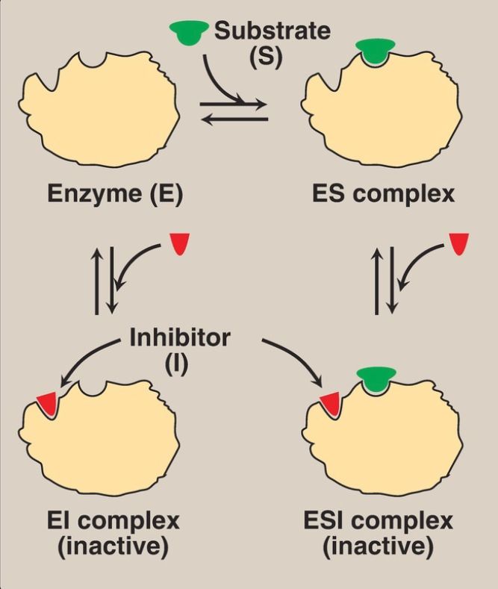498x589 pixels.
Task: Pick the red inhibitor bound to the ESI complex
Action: [329, 404]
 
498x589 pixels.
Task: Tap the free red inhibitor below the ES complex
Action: [459, 243]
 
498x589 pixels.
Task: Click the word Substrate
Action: [272, 31]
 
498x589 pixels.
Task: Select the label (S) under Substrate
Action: [267, 57]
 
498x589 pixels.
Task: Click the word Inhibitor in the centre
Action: [180, 337]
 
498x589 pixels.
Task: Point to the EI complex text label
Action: [112, 520]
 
